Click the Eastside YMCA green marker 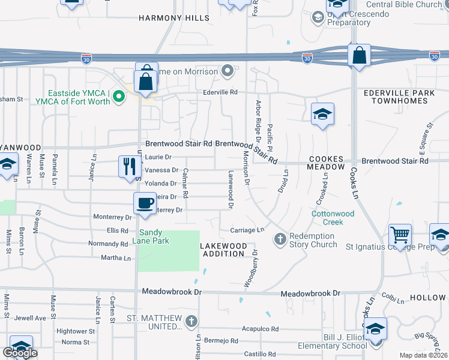pos(119,95)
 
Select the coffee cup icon pos(145,202)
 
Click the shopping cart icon pos(399,234)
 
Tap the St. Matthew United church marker pos(191,321)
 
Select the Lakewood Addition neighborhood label pos(223,250)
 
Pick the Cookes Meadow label pos(327,163)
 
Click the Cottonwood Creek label pos(333,218)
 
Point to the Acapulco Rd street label pos(261,329)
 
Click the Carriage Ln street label pos(247,230)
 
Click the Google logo pos(19,353)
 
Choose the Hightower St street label pos(72,331)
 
